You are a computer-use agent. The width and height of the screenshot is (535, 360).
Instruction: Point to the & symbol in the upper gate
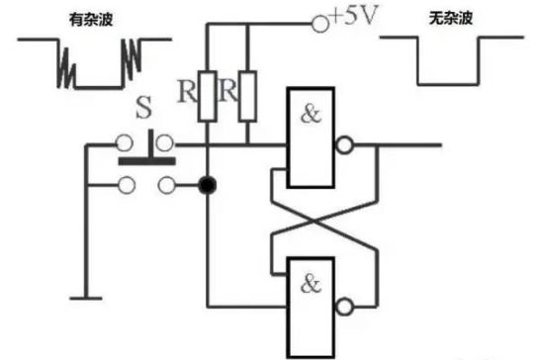point(312,113)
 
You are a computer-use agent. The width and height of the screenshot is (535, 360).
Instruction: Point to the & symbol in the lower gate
point(312,283)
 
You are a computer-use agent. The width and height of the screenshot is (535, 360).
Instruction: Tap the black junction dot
point(207,184)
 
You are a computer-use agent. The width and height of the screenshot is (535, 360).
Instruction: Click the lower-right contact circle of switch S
point(167,183)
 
